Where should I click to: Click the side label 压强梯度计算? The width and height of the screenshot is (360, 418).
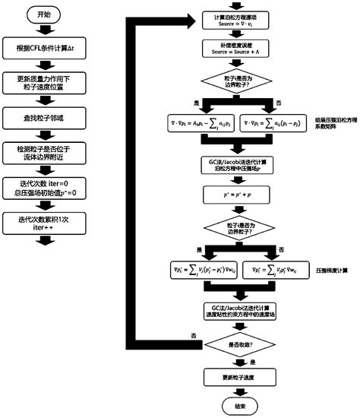(x=332, y=270)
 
